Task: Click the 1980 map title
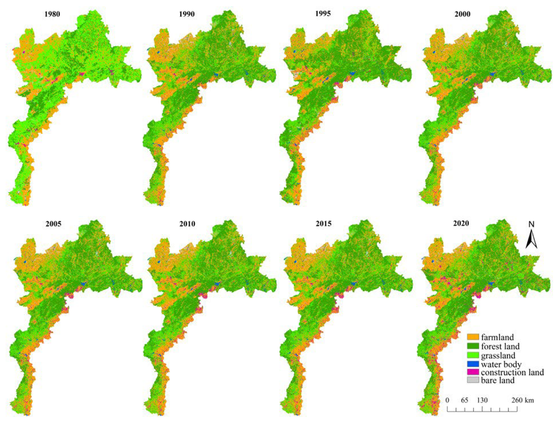click(52, 14)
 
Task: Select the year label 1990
click(187, 14)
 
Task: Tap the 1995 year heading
click(323, 13)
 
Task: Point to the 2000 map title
click(462, 14)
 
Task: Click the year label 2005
click(54, 224)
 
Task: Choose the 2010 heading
click(187, 224)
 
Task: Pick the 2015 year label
click(324, 224)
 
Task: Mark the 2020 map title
click(461, 223)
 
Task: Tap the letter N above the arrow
click(531, 225)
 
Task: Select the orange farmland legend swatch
click(473, 337)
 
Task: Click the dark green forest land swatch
click(473, 346)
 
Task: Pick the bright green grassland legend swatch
click(473, 355)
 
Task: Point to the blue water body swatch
click(473, 364)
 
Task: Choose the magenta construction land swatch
click(473, 372)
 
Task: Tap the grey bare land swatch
click(473, 380)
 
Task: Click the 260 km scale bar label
click(523, 400)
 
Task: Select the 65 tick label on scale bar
click(464, 400)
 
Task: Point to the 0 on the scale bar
click(448, 400)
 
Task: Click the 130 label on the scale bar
click(482, 400)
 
